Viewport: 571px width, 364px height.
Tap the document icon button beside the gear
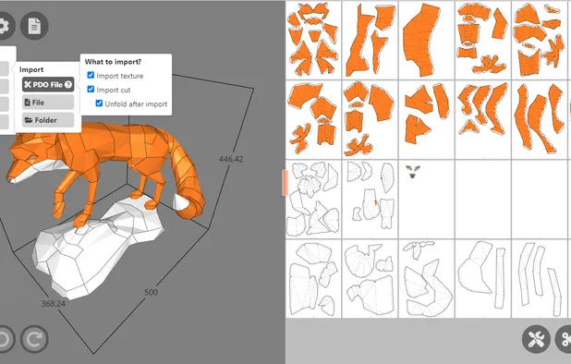coord(35,25)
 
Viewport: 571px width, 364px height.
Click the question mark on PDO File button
coord(68,84)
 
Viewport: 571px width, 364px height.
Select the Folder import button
coord(47,120)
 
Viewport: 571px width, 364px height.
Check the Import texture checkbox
coord(91,76)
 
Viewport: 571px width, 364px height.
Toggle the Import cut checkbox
coord(91,90)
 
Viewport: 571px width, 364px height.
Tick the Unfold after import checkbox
coord(100,103)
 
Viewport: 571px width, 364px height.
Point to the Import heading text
coord(31,69)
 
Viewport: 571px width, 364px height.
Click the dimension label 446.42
coord(230,159)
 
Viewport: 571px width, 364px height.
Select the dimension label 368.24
coord(53,303)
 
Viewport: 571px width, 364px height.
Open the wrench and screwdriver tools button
coord(535,339)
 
